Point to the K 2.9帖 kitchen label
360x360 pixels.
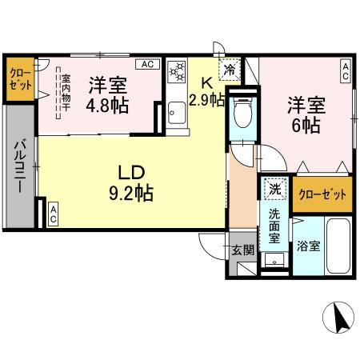(206, 91)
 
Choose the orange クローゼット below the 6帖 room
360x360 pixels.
(322, 194)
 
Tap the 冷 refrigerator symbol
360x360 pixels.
(230, 70)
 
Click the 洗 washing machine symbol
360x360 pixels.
(274, 188)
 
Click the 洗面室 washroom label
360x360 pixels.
(274, 226)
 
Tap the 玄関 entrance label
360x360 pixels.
(243, 250)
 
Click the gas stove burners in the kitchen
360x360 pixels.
(177, 70)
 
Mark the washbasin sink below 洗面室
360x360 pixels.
(274, 260)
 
